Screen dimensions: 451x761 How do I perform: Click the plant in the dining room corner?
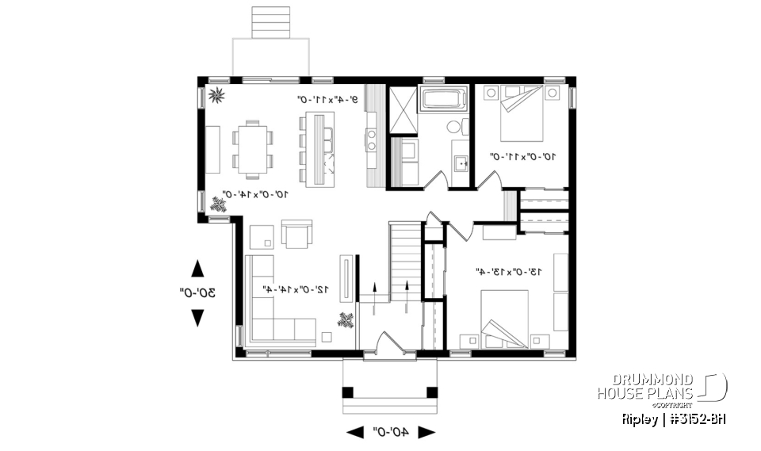click(x=216, y=97)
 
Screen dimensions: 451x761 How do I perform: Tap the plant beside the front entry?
click(x=346, y=321)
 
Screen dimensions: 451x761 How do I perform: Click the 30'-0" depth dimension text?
click(x=197, y=292)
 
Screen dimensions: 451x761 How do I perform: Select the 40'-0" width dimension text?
click(x=390, y=432)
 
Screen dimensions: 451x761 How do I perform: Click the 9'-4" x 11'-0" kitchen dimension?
click(x=327, y=100)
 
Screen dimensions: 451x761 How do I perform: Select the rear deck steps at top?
click(x=270, y=21)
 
